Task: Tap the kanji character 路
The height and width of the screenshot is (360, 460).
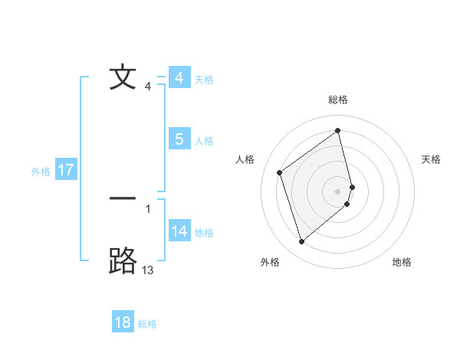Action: [123, 260]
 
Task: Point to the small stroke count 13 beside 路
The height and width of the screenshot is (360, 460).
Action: [148, 270]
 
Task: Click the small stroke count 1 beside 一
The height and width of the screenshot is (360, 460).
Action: [148, 208]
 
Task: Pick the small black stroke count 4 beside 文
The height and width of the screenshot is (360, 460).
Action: [148, 87]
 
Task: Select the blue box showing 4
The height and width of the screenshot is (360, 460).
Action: [179, 78]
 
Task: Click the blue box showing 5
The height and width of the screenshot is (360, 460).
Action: [179, 139]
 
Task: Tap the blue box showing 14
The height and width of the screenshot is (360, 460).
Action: [179, 231]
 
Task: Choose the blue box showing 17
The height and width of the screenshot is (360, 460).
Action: [66, 170]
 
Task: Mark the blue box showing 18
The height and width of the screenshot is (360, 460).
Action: [123, 322]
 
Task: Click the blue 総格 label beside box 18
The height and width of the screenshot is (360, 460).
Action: [147, 324]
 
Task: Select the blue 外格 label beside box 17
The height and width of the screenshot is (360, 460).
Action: [41, 172]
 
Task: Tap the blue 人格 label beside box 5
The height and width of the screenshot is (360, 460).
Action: [204, 141]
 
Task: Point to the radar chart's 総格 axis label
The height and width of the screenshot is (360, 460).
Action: [338, 100]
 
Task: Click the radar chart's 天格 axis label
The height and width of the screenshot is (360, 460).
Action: [432, 159]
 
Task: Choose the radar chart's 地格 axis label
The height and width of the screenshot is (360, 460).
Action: [402, 262]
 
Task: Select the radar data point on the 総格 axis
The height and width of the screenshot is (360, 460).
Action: [338, 130]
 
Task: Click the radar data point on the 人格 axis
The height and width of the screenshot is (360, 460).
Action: [280, 172]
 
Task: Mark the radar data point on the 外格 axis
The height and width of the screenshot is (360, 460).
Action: [301, 242]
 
